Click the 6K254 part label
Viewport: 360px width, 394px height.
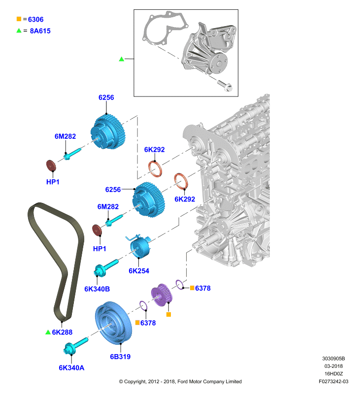pos(139,271)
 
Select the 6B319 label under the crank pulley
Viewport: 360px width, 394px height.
pos(120,357)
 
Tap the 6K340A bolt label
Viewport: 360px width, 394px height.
pos(71,368)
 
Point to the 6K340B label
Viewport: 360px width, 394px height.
pos(97,289)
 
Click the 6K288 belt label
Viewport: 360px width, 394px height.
pos(62,332)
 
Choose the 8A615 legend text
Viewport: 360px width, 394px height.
pos(40,31)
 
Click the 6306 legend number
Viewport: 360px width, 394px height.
pos(35,19)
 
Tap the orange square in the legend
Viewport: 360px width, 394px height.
pos(19,19)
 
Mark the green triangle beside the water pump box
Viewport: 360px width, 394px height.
pos(121,59)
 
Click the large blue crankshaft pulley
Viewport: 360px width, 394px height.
pos(113,323)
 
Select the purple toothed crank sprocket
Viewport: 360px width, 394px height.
pos(162,295)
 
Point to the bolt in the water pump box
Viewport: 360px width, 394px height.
pos(225,85)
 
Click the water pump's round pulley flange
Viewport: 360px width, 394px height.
pos(218,64)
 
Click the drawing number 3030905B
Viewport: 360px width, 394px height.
pos(333,359)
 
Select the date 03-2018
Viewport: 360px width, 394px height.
pos(333,366)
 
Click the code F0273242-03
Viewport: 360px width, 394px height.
pos(333,381)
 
